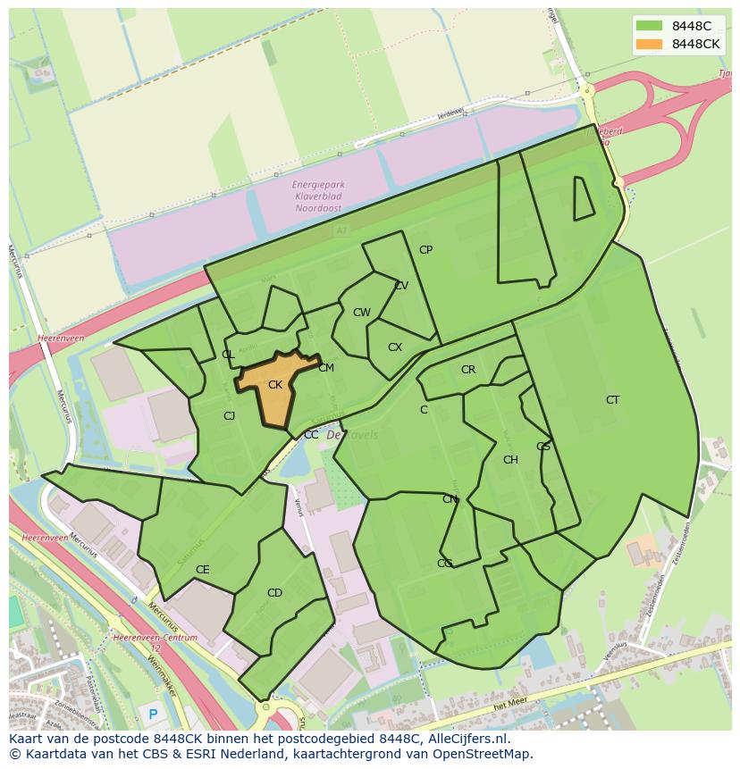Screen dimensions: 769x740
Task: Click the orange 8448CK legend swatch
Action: tap(650, 45)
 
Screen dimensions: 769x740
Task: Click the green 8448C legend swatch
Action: tap(650, 27)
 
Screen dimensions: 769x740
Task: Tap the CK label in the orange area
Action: tap(275, 385)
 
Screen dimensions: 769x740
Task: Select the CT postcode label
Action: tap(612, 400)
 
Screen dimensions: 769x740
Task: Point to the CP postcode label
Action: tap(425, 250)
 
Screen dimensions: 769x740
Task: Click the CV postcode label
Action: tap(401, 286)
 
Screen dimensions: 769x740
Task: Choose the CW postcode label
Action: tap(361, 313)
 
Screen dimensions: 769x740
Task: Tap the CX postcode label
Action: tap(395, 347)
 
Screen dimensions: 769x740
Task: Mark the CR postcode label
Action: tap(468, 370)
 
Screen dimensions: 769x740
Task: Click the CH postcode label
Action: tap(510, 460)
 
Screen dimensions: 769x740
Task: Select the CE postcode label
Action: tap(203, 570)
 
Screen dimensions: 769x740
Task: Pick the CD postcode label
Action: tap(274, 593)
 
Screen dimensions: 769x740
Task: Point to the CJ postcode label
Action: tap(229, 416)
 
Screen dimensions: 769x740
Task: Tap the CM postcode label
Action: tap(326, 368)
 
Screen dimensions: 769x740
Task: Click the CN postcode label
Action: tap(450, 499)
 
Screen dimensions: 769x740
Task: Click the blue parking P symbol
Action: tap(153, 714)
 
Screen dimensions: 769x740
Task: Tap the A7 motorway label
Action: tap(341, 230)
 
